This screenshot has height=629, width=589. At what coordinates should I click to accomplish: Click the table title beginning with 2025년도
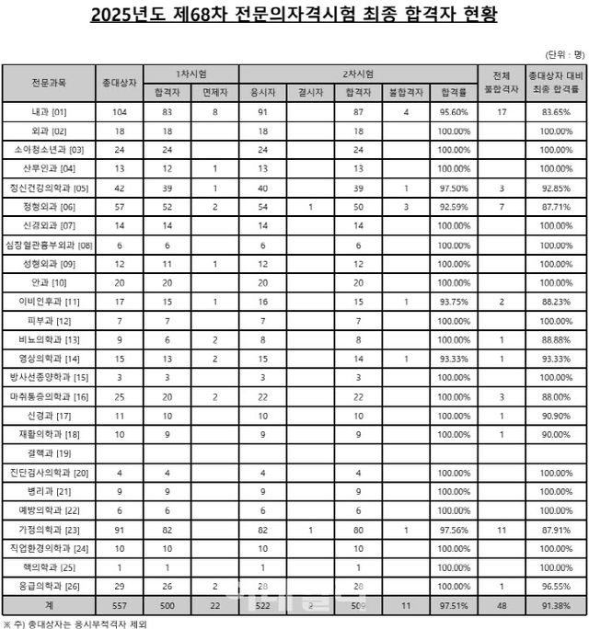294,17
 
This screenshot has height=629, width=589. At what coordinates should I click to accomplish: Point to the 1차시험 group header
191,72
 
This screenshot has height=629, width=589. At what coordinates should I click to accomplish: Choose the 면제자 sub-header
214,92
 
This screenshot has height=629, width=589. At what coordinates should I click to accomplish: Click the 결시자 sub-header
303,92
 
